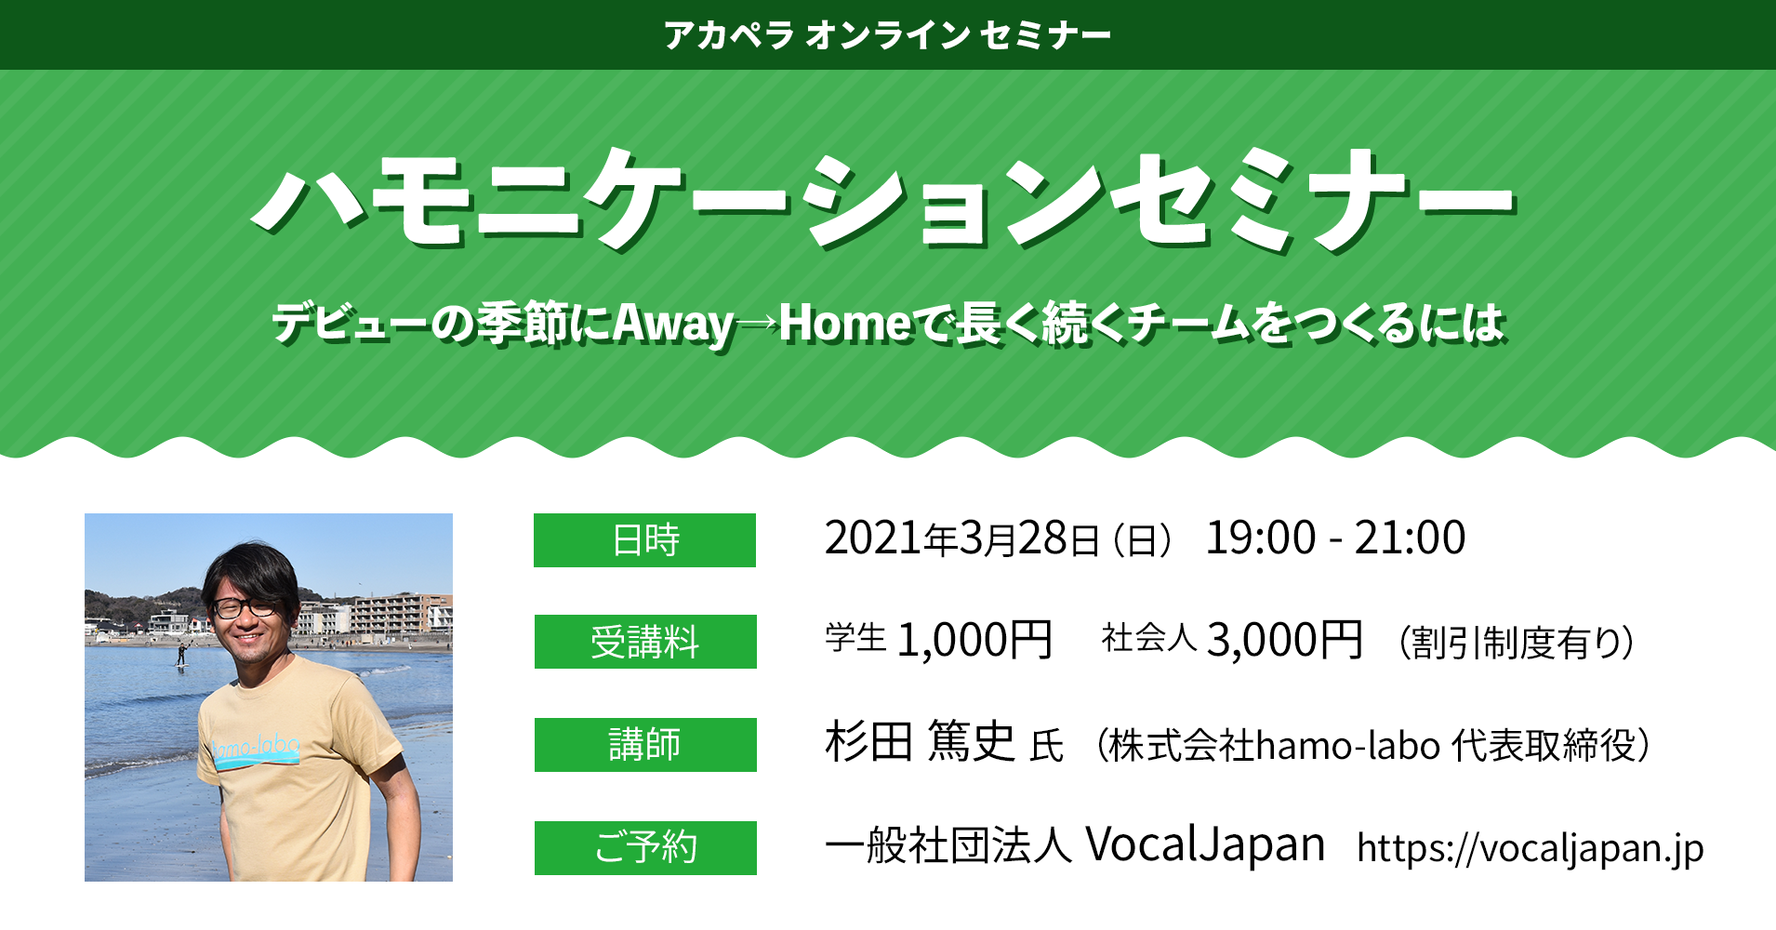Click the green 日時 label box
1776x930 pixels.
644,540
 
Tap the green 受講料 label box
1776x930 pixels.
645,642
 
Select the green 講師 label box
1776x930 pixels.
645,745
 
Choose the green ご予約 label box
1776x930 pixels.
645,848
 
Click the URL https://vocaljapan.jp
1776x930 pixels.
1531,848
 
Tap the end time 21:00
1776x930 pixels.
1410,538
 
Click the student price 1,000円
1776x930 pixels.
974,641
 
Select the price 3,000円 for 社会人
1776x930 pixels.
1284,641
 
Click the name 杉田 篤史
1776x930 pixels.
919,742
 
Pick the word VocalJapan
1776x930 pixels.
1205,844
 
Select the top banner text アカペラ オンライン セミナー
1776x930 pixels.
888,35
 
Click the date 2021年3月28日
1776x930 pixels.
961,538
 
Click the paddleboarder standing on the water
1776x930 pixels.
181,653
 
